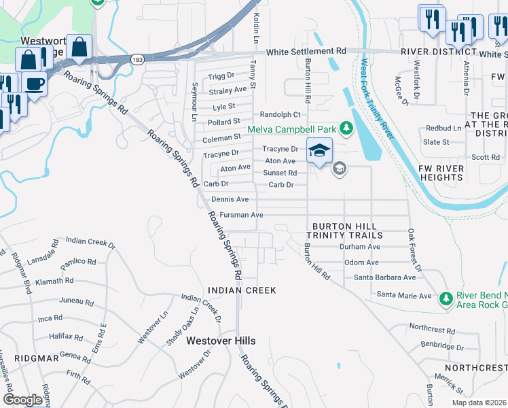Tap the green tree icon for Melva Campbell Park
pyautogui.click(x=346, y=128)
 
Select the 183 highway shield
pyautogui.click(x=137, y=60)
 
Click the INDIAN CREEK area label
pyautogui.click(x=242, y=290)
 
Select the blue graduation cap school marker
pyautogui.click(x=319, y=151)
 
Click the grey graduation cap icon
pyautogui.click(x=339, y=168)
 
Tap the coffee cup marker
pyautogui.click(x=34, y=84)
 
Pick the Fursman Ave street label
pyautogui.click(x=241, y=215)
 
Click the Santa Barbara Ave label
pyautogui.click(x=384, y=277)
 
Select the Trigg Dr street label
pyautogui.click(x=221, y=75)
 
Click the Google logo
pyautogui.click(x=23, y=400)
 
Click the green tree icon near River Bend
pyautogui.click(x=446, y=298)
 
